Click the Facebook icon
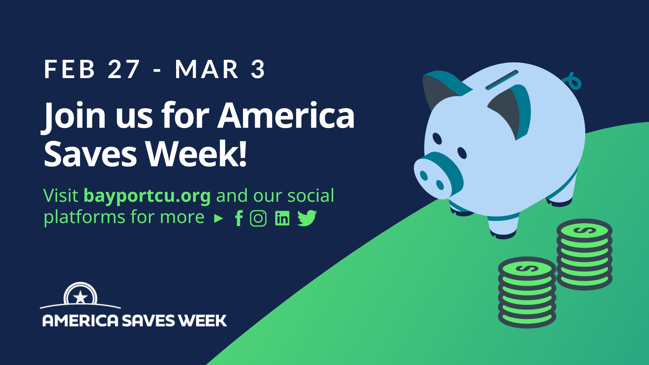(x=239, y=218)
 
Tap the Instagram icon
(x=258, y=218)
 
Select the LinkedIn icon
(x=282, y=218)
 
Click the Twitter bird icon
(x=307, y=218)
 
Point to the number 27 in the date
(x=124, y=70)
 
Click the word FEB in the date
(x=70, y=70)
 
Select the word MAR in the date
(x=207, y=70)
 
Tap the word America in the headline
(x=286, y=116)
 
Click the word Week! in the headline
(x=196, y=154)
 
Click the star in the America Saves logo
(x=80, y=297)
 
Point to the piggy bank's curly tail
(x=573, y=81)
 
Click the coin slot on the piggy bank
(x=502, y=80)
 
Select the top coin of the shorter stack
(x=527, y=269)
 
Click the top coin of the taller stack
(x=584, y=231)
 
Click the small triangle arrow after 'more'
(x=219, y=219)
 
